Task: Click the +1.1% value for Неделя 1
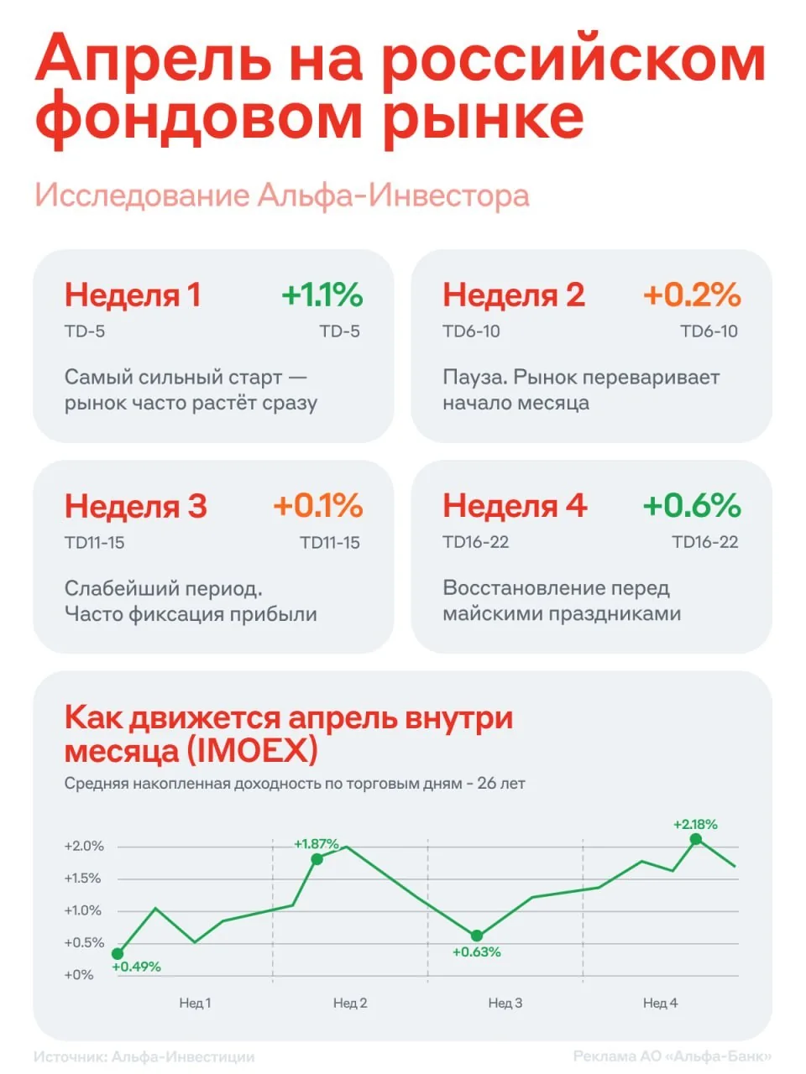pyautogui.click(x=322, y=295)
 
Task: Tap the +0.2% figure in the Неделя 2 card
pyautogui.click(x=692, y=295)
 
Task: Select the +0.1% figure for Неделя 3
pyautogui.click(x=317, y=506)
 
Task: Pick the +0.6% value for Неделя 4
pyautogui.click(x=692, y=506)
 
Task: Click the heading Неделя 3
pyautogui.click(x=135, y=507)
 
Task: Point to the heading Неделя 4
pyautogui.click(x=514, y=507)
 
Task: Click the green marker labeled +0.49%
pyautogui.click(x=118, y=954)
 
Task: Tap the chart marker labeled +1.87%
pyautogui.click(x=317, y=859)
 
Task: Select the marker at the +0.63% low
pyautogui.click(x=477, y=936)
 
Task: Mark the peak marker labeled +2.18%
pyautogui.click(x=696, y=839)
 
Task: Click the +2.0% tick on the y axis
pyautogui.click(x=84, y=847)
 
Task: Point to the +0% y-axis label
pyautogui.click(x=79, y=975)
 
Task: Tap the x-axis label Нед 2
pyautogui.click(x=350, y=1003)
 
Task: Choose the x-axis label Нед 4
pyautogui.click(x=660, y=1003)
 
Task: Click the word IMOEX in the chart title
pyautogui.click(x=251, y=750)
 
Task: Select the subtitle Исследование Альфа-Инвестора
pyautogui.click(x=282, y=196)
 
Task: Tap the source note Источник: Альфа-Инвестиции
pyautogui.click(x=144, y=1057)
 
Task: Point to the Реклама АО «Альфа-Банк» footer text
pyautogui.click(x=672, y=1057)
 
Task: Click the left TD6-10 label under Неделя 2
pyautogui.click(x=471, y=331)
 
